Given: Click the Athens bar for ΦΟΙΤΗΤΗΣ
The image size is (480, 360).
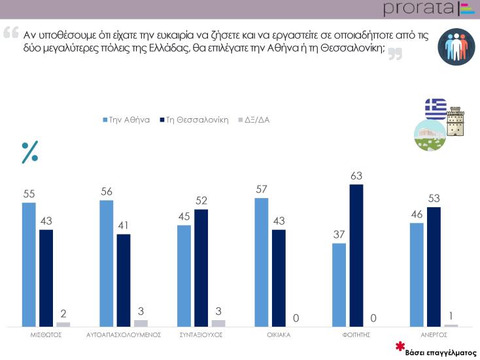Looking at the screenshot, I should (x=338, y=285).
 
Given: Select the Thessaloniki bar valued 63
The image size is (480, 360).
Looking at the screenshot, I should (x=356, y=255).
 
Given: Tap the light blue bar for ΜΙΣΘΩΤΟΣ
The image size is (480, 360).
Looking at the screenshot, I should (x=29, y=265).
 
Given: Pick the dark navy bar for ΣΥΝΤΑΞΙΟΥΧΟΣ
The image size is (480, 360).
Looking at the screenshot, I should (x=201, y=268).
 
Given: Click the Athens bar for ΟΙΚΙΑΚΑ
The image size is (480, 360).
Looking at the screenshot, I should (x=261, y=262).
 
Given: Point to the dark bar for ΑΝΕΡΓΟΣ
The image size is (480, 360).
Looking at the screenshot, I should (x=434, y=267).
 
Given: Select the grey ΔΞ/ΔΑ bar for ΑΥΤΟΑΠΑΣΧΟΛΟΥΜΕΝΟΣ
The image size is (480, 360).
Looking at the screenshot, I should (x=141, y=323).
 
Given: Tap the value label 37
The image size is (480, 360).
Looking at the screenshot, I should (x=338, y=233).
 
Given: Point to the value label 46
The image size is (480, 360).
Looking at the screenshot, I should (x=417, y=213).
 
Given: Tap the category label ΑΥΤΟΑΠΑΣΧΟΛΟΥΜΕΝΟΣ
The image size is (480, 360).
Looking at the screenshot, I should (x=124, y=334).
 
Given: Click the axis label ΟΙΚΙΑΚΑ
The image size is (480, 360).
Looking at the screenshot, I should (x=279, y=334).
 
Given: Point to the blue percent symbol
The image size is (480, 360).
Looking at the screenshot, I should (x=30, y=151).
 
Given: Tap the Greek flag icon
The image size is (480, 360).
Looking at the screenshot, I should (x=436, y=108).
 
